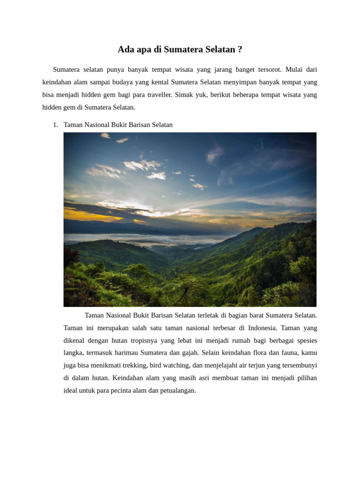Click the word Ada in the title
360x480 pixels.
125,49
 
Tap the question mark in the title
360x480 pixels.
240,49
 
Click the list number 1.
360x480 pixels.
55,125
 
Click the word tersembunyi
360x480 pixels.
295,365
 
